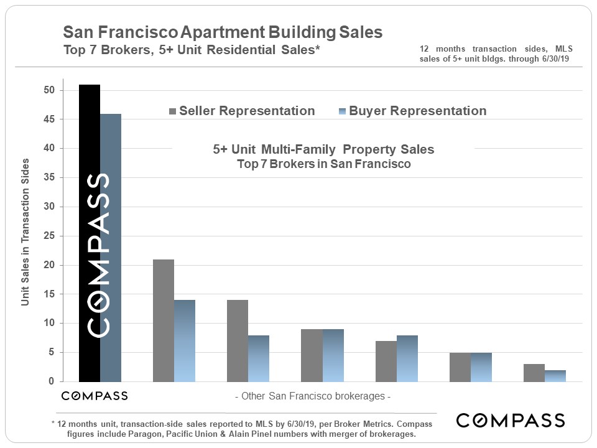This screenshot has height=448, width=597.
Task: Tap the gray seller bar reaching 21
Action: (164, 320)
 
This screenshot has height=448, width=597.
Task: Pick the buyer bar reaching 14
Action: (185, 340)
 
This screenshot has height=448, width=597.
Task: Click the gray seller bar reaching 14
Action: (238, 340)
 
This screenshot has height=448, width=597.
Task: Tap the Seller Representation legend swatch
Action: (172, 111)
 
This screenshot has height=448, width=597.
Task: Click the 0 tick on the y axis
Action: (53, 381)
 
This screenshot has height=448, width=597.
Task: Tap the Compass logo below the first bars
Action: (95, 396)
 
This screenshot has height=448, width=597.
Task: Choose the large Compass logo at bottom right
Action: (510, 421)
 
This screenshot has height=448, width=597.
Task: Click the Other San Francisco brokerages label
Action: (312, 396)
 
